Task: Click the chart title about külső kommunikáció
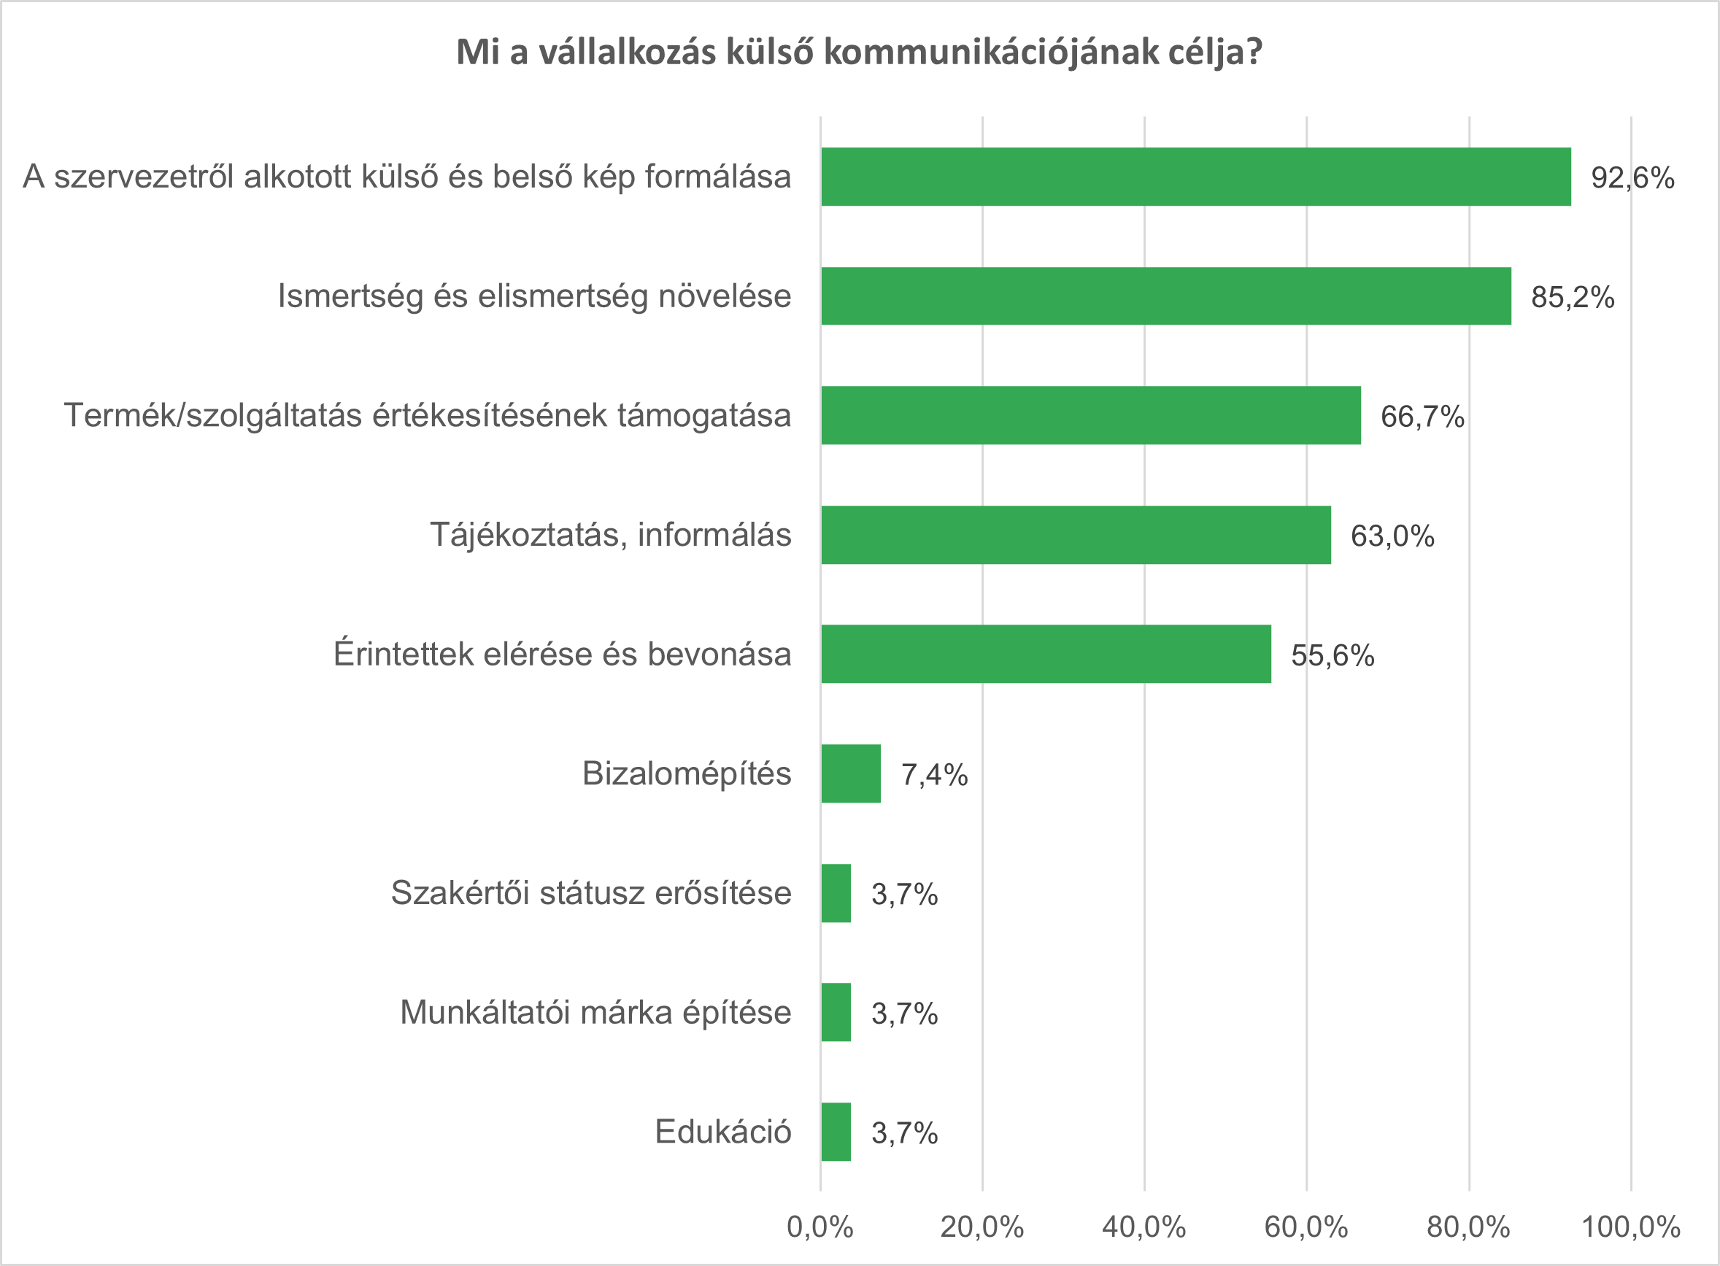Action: pyautogui.click(x=858, y=53)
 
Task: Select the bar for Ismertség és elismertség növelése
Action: pyautogui.click(x=1165, y=296)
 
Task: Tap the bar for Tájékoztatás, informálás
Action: pyautogui.click(x=1076, y=535)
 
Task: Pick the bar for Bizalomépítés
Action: pyautogui.click(x=851, y=774)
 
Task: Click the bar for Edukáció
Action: pyautogui.click(x=836, y=1132)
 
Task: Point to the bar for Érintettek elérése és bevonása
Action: pyautogui.click(x=1046, y=654)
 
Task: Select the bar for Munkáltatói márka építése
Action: pyautogui.click(x=836, y=1012)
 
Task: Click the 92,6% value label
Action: pyautogui.click(x=1632, y=178)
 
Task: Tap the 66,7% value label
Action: pyautogui.click(x=1422, y=417)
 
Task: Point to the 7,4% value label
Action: pyautogui.click(x=934, y=776)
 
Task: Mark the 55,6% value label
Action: pyautogui.click(x=1333, y=656)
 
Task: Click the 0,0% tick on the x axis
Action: pyautogui.click(x=820, y=1227)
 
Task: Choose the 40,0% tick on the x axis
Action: pyautogui.click(x=1144, y=1227)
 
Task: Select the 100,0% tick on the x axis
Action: pyautogui.click(x=1631, y=1227)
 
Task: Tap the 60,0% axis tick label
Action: pyautogui.click(x=1306, y=1227)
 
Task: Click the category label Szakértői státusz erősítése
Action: pyautogui.click(x=591, y=894)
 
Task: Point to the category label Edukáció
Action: pyautogui.click(x=722, y=1132)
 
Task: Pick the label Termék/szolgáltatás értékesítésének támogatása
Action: pyautogui.click(x=428, y=415)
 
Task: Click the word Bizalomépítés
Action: pyautogui.click(x=687, y=774)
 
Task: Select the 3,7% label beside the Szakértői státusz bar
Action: pyautogui.click(x=904, y=895)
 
